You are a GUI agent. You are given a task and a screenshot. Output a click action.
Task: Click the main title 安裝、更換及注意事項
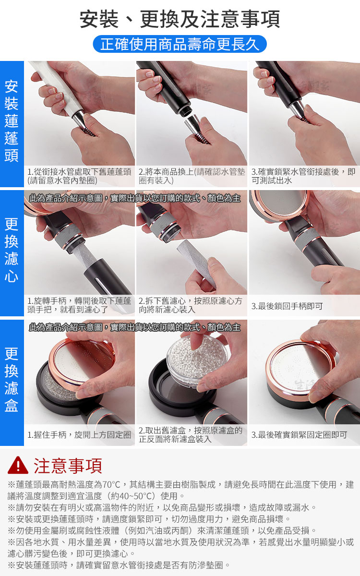point(180,19)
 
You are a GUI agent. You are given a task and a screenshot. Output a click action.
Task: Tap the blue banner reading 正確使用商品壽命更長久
point(180,44)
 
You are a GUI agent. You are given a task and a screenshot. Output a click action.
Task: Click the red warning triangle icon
point(18,465)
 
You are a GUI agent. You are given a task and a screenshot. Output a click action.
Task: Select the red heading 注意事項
point(68,466)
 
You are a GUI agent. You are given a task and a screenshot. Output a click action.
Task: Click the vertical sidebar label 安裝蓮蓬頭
point(12,121)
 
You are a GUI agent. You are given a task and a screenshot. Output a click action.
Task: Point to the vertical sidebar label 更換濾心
point(12,250)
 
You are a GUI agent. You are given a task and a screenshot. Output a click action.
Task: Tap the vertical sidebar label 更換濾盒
point(12,380)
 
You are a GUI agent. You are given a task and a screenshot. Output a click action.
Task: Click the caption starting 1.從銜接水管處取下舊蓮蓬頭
point(79,176)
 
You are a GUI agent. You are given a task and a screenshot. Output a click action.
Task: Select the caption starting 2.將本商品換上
point(192,176)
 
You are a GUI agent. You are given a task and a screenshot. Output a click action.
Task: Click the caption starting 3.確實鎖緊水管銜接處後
point(303,176)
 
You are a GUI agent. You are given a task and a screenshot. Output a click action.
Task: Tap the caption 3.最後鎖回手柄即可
point(287,306)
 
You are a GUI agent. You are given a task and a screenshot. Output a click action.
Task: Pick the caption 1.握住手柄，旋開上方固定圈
point(79,435)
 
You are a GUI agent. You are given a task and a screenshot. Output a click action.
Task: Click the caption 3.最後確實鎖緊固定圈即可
point(300,435)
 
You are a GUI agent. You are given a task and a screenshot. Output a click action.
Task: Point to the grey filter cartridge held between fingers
point(197,262)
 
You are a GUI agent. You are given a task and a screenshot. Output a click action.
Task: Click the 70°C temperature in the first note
point(111,485)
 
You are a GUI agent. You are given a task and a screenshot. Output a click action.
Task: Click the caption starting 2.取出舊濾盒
point(191,434)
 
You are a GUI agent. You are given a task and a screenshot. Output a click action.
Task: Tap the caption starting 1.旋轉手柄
point(79,305)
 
